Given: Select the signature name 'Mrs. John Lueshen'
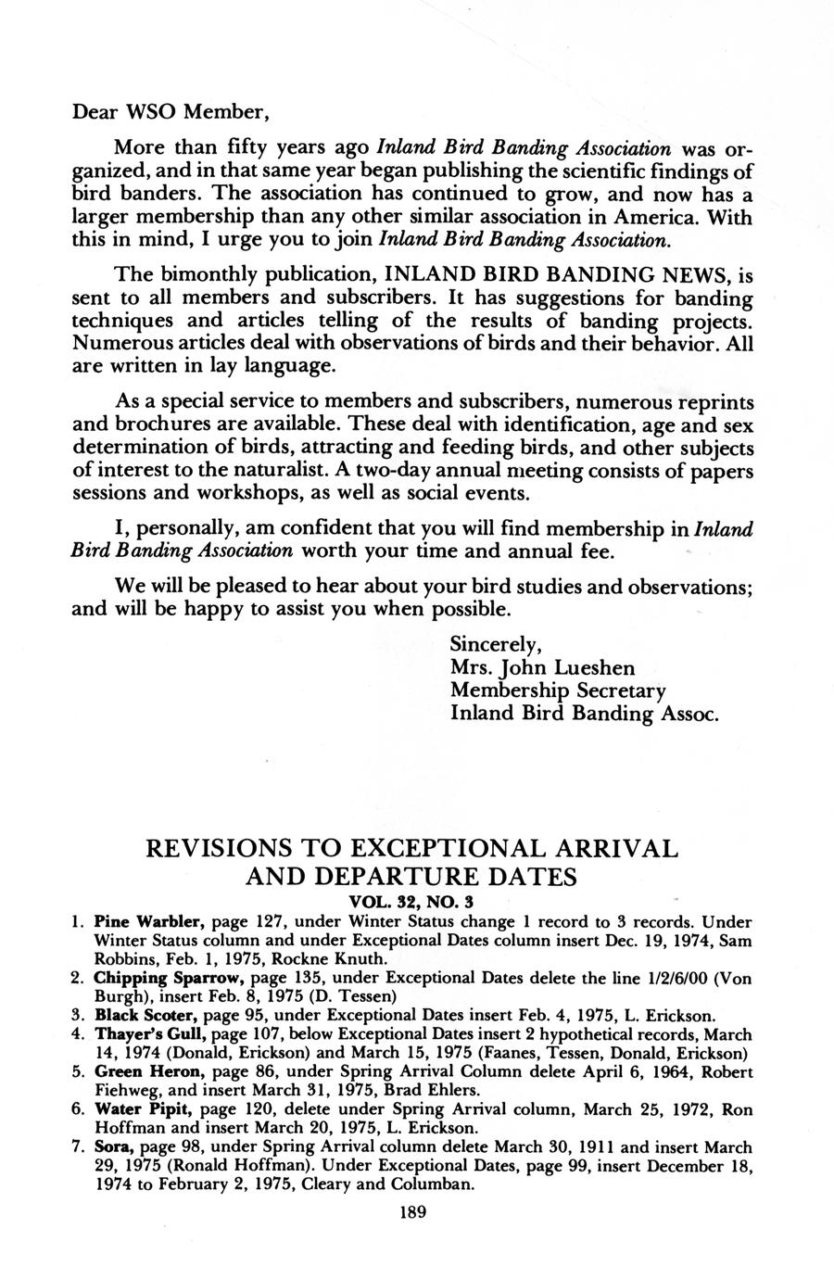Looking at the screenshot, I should click(542, 667).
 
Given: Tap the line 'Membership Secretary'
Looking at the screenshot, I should click(558, 690).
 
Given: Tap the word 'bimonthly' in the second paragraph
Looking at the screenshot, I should click(209, 275).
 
